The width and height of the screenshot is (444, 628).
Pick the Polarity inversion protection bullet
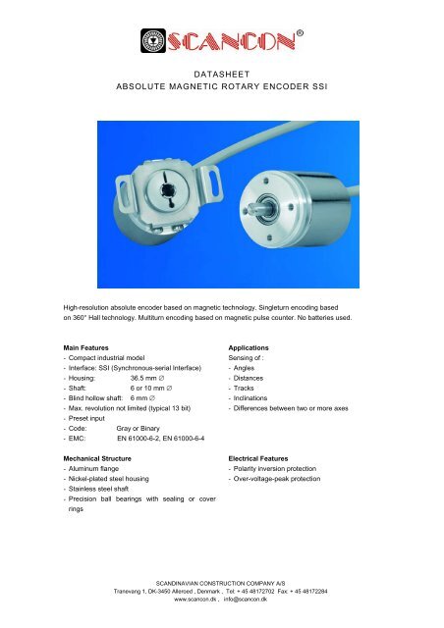click(283, 471)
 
